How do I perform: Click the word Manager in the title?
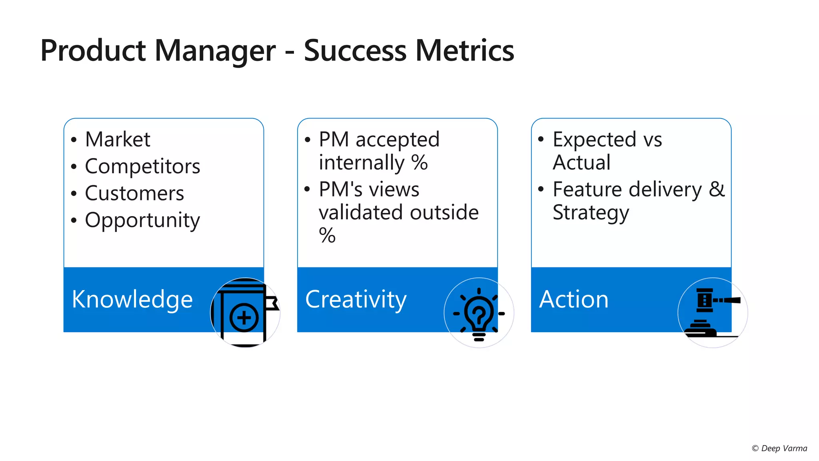215,51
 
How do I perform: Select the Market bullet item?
118,140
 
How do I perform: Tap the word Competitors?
142,166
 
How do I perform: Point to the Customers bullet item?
134,193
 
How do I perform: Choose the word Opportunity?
142,220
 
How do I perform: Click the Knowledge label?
132,299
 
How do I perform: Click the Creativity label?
356,299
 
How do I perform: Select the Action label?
573,299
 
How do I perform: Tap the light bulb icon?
479,313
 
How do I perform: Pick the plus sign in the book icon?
244,318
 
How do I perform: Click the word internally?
362,163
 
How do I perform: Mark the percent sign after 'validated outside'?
327,235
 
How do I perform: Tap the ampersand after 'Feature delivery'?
717,189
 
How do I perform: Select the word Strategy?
591,212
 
